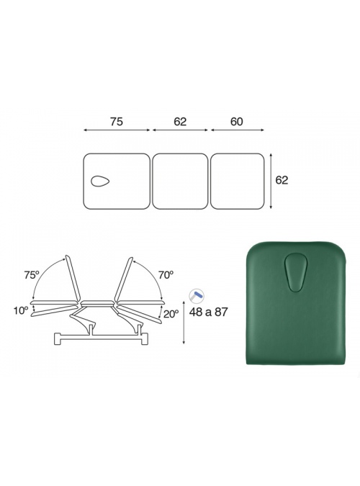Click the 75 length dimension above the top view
(116, 122)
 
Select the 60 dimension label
(237, 122)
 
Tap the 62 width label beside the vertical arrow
(282, 180)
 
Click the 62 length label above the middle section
(180, 122)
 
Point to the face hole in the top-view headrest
(100, 181)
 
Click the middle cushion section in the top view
(180, 181)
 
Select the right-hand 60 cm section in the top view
(237, 181)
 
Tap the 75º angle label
(32, 274)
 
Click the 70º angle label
(166, 274)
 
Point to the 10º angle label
(21, 310)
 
